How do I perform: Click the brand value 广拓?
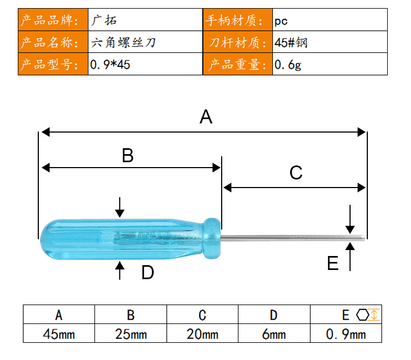pos(104,20)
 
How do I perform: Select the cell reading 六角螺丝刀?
pos(123,43)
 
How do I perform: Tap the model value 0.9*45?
pos(110,65)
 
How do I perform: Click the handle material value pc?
pos(281,21)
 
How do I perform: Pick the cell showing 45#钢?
pos(291,43)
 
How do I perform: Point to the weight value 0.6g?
pos(288,65)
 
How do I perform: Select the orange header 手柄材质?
pos(234,20)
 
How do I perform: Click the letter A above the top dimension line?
pos(206,117)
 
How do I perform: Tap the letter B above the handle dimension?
pos(128,155)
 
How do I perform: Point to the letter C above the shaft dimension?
pos(296,172)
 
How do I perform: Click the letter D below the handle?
pos(148,272)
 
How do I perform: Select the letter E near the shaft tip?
pos(333,263)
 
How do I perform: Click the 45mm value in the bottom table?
pos(59,334)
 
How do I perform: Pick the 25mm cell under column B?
pos(131,334)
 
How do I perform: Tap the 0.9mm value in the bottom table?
pos(346,334)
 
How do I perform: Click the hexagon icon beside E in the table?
pos(362,315)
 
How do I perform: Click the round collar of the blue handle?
pos(212,238)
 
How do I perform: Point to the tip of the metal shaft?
pos(364,238)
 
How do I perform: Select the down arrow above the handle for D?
pos(120,207)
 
